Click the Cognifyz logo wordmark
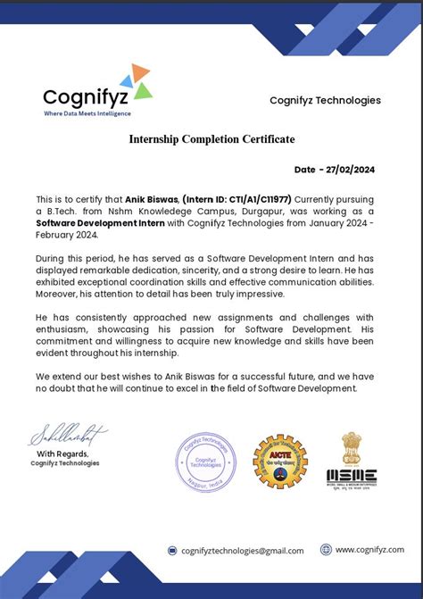coord(86,96)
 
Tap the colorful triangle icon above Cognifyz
coord(137,80)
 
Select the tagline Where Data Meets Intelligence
coord(87,113)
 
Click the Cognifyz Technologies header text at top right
coord(325,100)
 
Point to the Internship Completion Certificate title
coord(211,139)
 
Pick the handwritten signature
coord(68,435)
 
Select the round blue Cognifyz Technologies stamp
coord(206,461)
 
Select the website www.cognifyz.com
coord(369,550)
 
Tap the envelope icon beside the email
coord(173,551)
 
